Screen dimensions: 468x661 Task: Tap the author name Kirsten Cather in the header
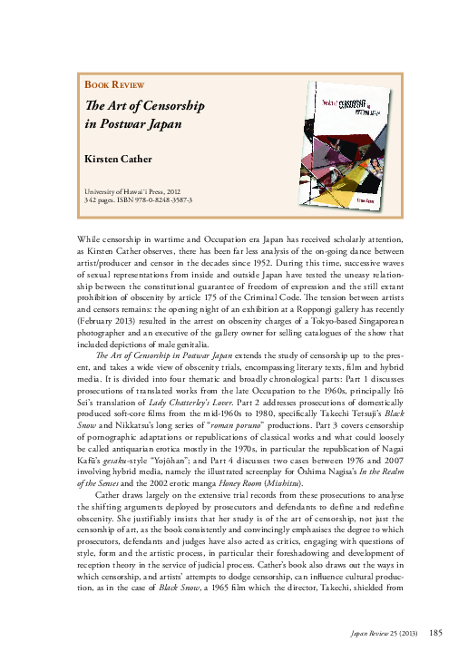113,160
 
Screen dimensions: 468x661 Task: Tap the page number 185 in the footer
435,632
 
